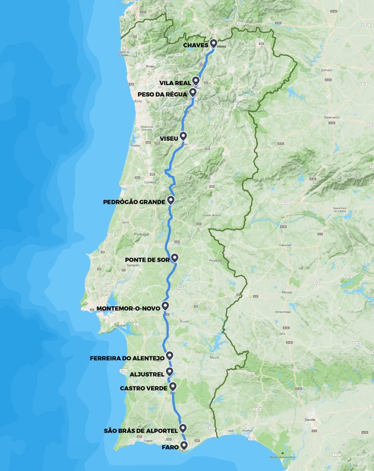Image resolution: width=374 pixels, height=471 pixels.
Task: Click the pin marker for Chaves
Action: (x=213, y=43)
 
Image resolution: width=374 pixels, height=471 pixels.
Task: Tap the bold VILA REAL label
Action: (x=175, y=83)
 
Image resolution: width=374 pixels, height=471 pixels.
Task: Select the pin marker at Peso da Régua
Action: (x=193, y=92)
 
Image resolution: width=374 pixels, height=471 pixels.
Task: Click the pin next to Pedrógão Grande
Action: (x=170, y=200)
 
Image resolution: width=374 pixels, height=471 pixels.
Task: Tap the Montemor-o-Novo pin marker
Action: (x=165, y=305)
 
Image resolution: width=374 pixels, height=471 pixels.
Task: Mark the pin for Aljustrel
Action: (x=169, y=371)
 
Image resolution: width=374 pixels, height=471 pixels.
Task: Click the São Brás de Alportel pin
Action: (x=183, y=427)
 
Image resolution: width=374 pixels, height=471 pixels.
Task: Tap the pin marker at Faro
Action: (x=184, y=445)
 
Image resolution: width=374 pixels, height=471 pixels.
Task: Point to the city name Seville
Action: (x=310, y=419)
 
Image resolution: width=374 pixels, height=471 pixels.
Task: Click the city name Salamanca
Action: (x=331, y=117)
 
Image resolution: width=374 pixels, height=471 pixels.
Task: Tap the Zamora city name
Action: (x=327, y=70)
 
